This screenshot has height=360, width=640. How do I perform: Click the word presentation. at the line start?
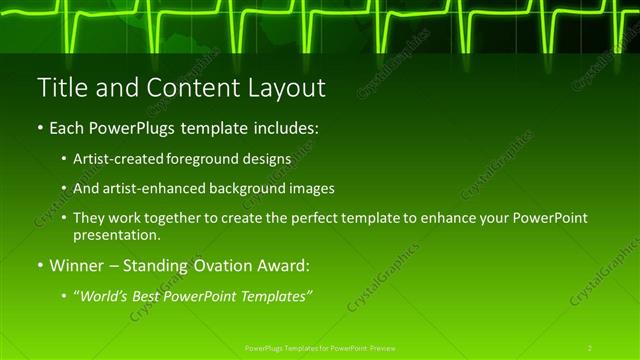(x=116, y=236)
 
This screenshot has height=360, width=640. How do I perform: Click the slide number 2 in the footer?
(x=590, y=347)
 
